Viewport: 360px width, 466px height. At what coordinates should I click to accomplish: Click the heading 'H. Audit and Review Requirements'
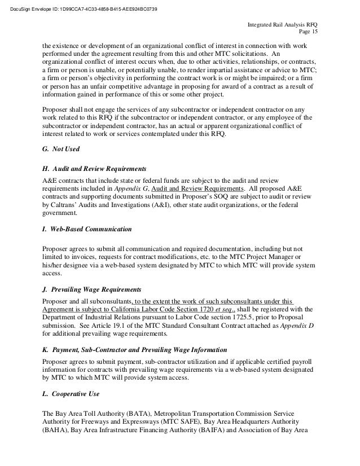coord(95,169)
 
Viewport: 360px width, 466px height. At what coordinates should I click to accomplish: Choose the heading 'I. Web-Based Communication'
coord(87,230)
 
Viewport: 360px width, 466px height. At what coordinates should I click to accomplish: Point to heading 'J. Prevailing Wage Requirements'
coord(92,290)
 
